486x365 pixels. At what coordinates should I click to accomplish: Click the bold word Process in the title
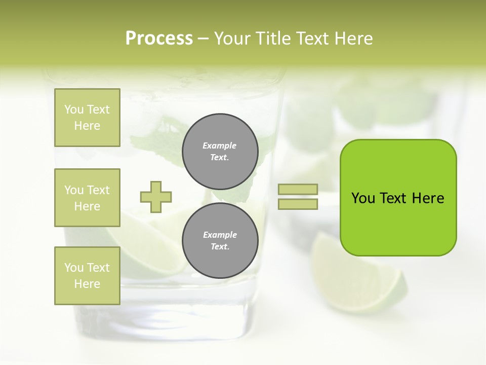(159, 39)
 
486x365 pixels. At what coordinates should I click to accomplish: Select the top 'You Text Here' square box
(87, 118)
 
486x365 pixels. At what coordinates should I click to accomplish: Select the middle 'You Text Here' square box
(87, 198)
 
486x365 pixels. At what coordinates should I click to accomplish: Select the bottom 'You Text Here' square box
(87, 276)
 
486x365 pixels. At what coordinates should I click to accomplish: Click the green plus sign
(156, 197)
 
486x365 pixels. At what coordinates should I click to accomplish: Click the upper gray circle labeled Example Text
(220, 152)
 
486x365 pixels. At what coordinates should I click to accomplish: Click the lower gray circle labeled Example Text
(220, 241)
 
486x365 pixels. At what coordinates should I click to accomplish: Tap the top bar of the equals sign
(298, 190)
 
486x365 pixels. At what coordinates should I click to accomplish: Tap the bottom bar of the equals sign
(298, 204)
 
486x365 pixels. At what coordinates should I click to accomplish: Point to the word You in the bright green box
(363, 198)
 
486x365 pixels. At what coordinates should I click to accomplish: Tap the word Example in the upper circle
(220, 145)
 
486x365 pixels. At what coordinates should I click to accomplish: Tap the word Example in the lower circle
(220, 235)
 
